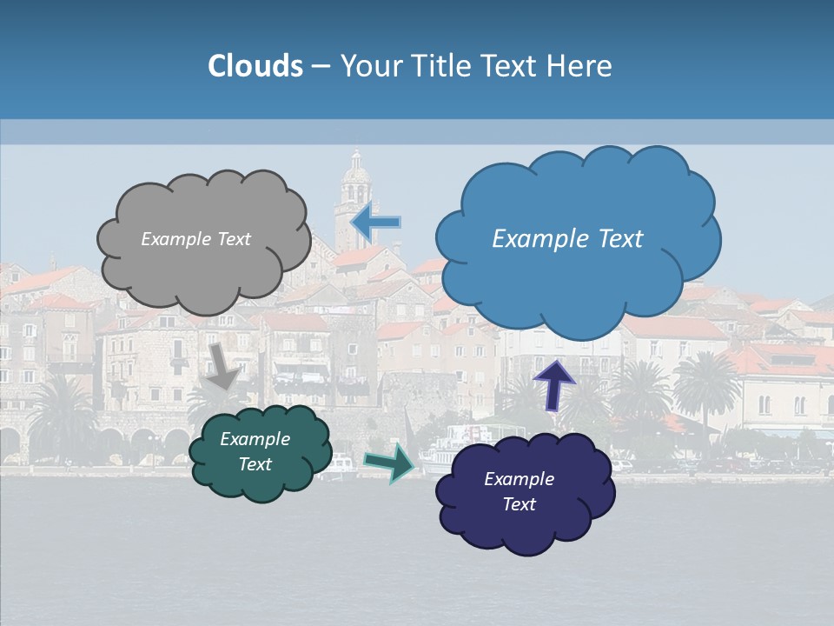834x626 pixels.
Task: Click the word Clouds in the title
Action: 255,66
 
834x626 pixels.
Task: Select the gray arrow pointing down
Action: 222,366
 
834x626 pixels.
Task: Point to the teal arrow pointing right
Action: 389,463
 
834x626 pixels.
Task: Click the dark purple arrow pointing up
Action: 553,384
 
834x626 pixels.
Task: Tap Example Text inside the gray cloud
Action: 195,239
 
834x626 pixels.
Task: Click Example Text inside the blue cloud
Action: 567,239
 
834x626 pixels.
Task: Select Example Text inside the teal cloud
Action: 255,451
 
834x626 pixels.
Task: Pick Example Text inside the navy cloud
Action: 519,491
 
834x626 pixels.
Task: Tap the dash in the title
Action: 321,67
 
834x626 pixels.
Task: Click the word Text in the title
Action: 513,66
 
